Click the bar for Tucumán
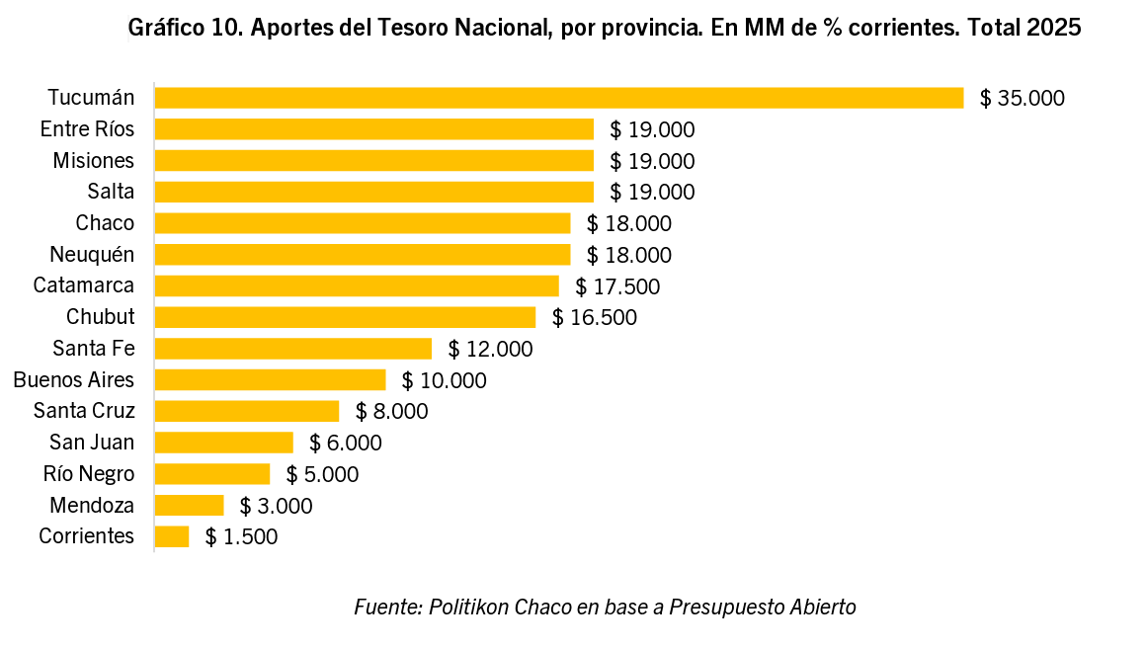pyautogui.click(x=558, y=98)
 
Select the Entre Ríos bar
pyautogui.click(x=374, y=129)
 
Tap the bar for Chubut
pyautogui.click(x=345, y=317)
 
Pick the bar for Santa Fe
pyautogui.click(x=293, y=349)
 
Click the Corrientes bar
pyautogui.click(x=172, y=536)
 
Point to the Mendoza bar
pyautogui.click(x=190, y=506)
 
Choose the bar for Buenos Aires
pyautogui.click(x=270, y=380)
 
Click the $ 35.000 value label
pyautogui.click(x=1022, y=98)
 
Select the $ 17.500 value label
pyautogui.click(x=617, y=286)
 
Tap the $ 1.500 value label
pyautogui.click(x=242, y=537)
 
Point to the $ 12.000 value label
pyautogui.click(x=490, y=349)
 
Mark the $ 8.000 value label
pyautogui.click(x=392, y=412)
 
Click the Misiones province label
pyautogui.click(x=94, y=160)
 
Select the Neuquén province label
pyautogui.click(x=92, y=255)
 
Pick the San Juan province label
pyautogui.click(x=92, y=443)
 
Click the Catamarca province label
pyautogui.click(x=84, y=285)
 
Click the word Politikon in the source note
pyautogui.click(x=468, y=607)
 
